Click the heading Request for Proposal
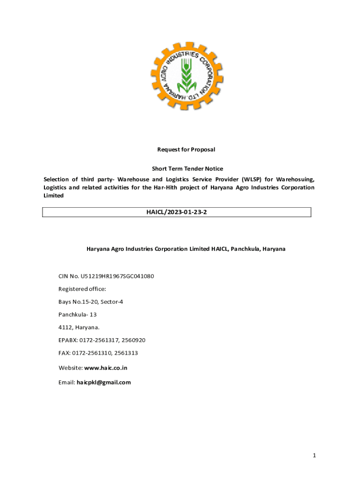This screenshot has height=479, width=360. coord(186,150)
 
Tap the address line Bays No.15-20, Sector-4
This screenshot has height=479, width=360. coord(91,302)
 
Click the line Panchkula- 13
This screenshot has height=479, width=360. coord(78,315)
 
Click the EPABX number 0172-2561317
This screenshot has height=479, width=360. coord(99,340)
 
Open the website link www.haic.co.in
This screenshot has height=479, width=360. coord(106,368)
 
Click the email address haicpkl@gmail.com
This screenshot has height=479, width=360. coord(104,382)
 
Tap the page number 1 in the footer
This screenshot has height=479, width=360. coord(315,455)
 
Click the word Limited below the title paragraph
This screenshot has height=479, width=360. coord(54,196)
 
